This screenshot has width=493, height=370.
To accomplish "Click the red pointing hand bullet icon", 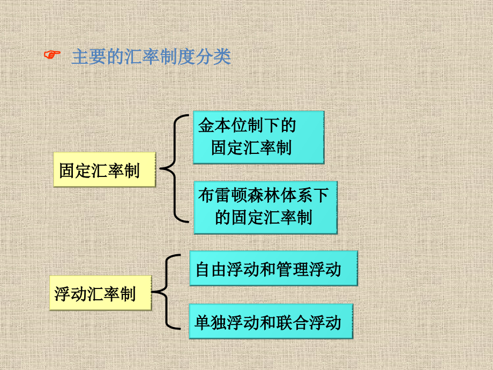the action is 52,55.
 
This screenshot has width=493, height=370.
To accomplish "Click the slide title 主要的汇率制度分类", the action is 152,57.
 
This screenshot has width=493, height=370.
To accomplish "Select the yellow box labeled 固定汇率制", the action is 104,170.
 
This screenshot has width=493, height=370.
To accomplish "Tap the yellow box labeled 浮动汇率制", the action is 101,293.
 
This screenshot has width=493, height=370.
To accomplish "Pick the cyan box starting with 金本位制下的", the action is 258,137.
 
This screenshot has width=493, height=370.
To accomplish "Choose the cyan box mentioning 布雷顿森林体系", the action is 265,208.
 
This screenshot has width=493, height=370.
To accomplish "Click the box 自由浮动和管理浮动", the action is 273,268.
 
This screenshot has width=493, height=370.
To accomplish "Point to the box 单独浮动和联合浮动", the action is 271,321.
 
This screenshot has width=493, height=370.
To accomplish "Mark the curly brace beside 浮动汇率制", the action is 166,292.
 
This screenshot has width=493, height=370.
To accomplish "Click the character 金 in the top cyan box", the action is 206,125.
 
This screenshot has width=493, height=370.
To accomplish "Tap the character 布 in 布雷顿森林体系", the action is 206,195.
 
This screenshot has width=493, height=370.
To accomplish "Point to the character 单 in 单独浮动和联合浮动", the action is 202,322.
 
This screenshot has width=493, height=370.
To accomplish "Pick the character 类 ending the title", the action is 222,57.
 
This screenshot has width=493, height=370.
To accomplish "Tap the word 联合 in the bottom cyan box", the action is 293,322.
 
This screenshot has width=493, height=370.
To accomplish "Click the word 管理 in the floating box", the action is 293,270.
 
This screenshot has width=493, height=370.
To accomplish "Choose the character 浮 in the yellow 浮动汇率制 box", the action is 62,294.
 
